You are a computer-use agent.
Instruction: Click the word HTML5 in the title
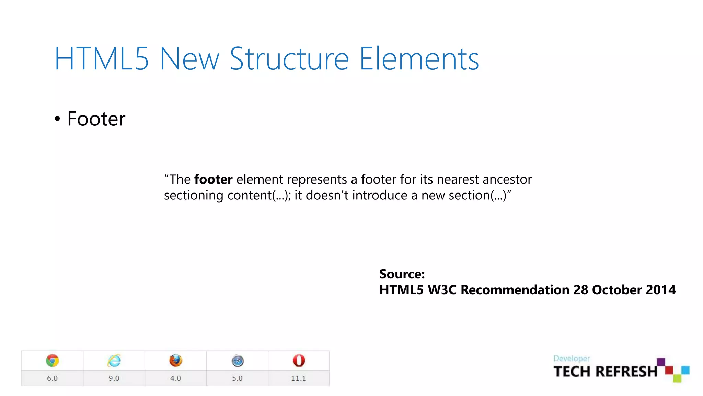tap(102, 59)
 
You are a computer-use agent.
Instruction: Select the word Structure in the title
tap(289, 59)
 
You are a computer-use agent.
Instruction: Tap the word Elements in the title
tap(419, 59)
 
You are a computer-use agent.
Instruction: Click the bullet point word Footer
tap(96, 119)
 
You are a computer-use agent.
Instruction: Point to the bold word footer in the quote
tap(213, 179)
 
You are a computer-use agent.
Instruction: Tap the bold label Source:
tap(402, 274)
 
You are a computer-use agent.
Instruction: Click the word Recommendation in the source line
tap(515, 290)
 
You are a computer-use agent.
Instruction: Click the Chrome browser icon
tap(52, 361)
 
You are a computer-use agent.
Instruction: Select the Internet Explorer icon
tap(114, 361)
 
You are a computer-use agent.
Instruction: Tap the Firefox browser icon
tap(176, 361)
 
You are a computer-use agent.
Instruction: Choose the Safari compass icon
tap(238, 361)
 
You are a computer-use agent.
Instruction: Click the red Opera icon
tap(299, 361)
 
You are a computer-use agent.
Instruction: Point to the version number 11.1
tap(298, 378)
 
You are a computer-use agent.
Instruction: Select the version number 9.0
tap(114, 378)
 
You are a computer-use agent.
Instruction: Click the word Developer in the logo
tap(572, 359)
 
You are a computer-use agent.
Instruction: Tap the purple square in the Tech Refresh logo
tap(661, 362)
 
